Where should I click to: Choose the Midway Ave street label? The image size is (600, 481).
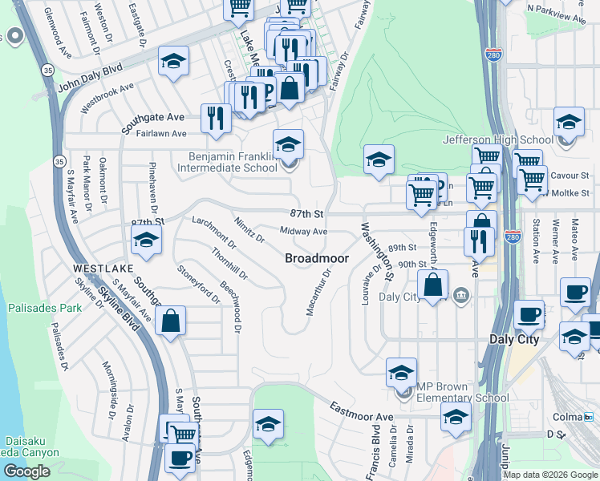[303, 232]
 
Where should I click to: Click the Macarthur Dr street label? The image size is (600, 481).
[319, 292]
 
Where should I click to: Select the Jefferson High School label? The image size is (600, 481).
[498, 139]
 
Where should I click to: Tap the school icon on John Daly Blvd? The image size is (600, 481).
[173, 62]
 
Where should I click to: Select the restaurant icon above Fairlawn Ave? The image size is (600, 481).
[215, 117]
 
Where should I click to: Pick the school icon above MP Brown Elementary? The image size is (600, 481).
[401, 372]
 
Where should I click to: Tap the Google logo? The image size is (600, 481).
[26, 471]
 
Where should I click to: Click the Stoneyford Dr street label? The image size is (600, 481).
[198, 284]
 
